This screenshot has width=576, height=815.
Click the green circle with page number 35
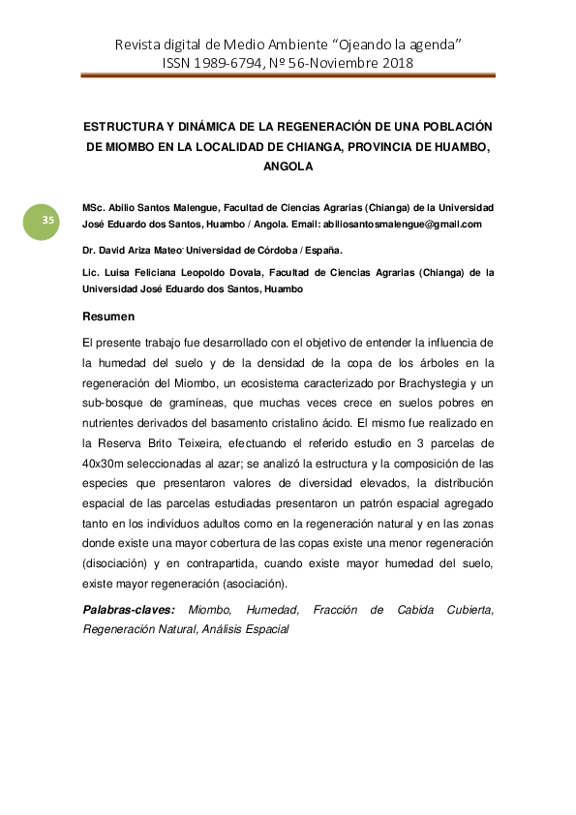(47, 222)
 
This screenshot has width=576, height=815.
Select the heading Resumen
(108, 317)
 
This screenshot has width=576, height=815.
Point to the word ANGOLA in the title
(288, 166)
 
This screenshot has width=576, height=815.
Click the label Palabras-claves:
(129, 610)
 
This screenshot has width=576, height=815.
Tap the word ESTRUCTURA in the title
(117, 127)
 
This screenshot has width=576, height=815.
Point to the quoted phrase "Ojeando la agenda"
(388, 45)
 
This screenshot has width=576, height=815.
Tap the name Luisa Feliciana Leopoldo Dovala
(185, 273)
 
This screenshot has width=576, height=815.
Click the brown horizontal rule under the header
(288, 76)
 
